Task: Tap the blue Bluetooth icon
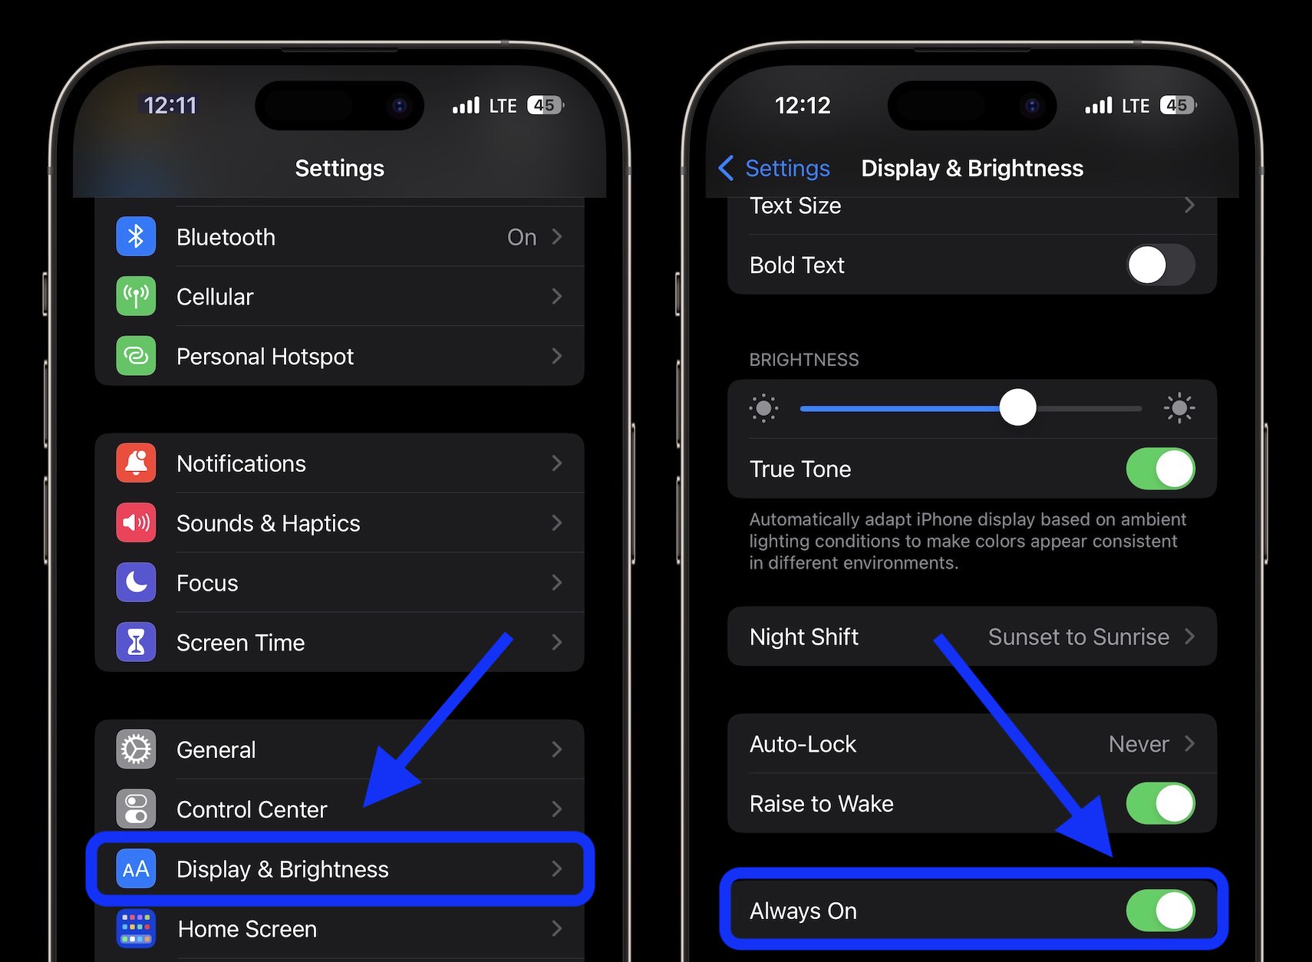tap(136, 236)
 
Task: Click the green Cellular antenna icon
tap(136, 296)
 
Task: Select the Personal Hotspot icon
tap(136, 356)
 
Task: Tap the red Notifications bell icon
tap(136, 463)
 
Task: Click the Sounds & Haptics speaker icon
tap(136, 523)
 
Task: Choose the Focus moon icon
tap(136, 582)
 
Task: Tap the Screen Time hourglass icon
tap(136, 642)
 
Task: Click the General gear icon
tap(136, 750)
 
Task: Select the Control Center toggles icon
tap(136, 809)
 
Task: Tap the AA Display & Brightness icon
tap(136, 869)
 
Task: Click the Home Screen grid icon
tap(136, 928)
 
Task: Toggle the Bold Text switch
tap(1160, 265)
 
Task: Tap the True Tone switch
tap(1160, 469)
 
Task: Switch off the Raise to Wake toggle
tap(1160, 803)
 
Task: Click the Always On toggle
tap(1160, 911)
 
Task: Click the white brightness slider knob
tap(1017, 407)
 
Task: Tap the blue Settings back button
tap(775, 168)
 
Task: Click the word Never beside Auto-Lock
tap(1139, 743)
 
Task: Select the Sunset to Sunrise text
tap(1078, 637)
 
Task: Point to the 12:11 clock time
tap(170, 105)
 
